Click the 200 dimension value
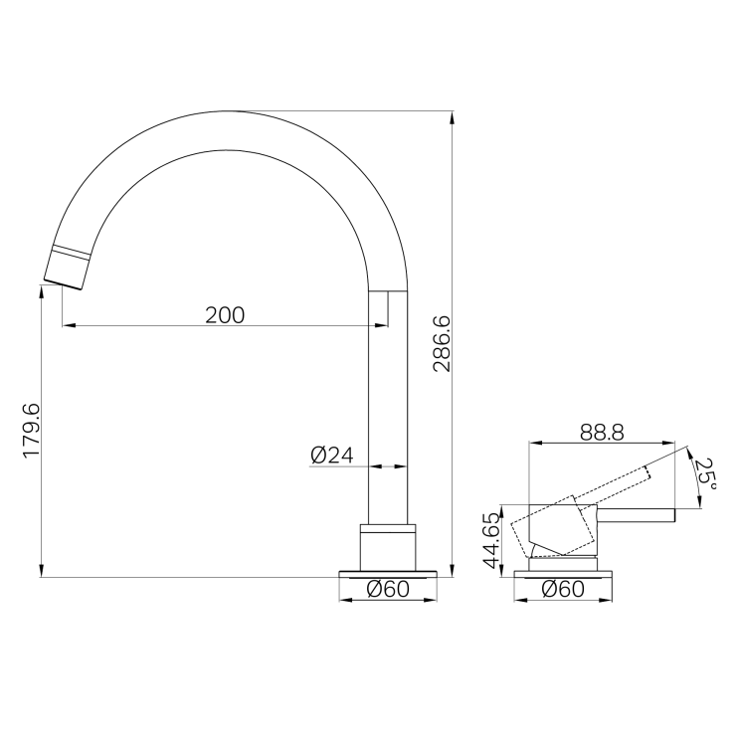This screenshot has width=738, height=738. point(225,315)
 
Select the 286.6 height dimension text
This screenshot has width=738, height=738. point(442,344)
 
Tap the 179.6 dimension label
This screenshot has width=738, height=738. point(32,431)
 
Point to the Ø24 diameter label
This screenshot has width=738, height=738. point(332,456)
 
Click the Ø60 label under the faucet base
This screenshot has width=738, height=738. point(388,589)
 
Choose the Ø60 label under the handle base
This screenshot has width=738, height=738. point(563,589)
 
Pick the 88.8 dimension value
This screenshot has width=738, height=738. point(602,432)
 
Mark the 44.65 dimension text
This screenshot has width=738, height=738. point(492,541)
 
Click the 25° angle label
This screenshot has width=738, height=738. point(705,474)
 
